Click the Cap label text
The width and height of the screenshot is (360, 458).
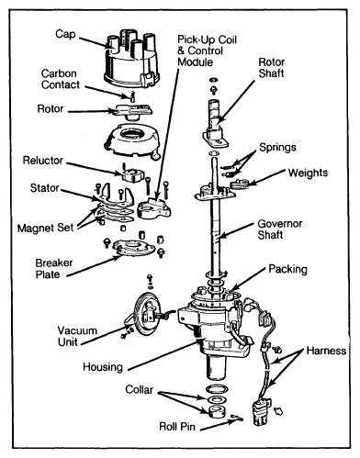65,34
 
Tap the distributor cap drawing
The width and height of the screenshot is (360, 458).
131,60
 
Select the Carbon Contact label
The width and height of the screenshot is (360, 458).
61,79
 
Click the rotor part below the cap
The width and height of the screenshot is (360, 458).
132,111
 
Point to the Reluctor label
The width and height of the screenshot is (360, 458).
43,161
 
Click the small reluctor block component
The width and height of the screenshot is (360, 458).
133,174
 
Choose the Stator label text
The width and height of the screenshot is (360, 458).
44,188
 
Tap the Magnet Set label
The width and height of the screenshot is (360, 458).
45,228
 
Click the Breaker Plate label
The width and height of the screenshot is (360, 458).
54,269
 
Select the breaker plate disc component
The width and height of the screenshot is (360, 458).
133,248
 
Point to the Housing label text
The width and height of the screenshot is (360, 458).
103,367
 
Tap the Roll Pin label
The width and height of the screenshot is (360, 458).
177,427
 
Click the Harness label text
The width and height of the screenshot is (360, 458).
326,351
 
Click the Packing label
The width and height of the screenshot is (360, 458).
287,269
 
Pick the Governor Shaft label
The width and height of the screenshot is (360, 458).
280,229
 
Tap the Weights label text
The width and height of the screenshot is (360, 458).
308,173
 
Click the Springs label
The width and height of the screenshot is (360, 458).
277,148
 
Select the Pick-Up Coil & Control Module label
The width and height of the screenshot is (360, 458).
208,50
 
